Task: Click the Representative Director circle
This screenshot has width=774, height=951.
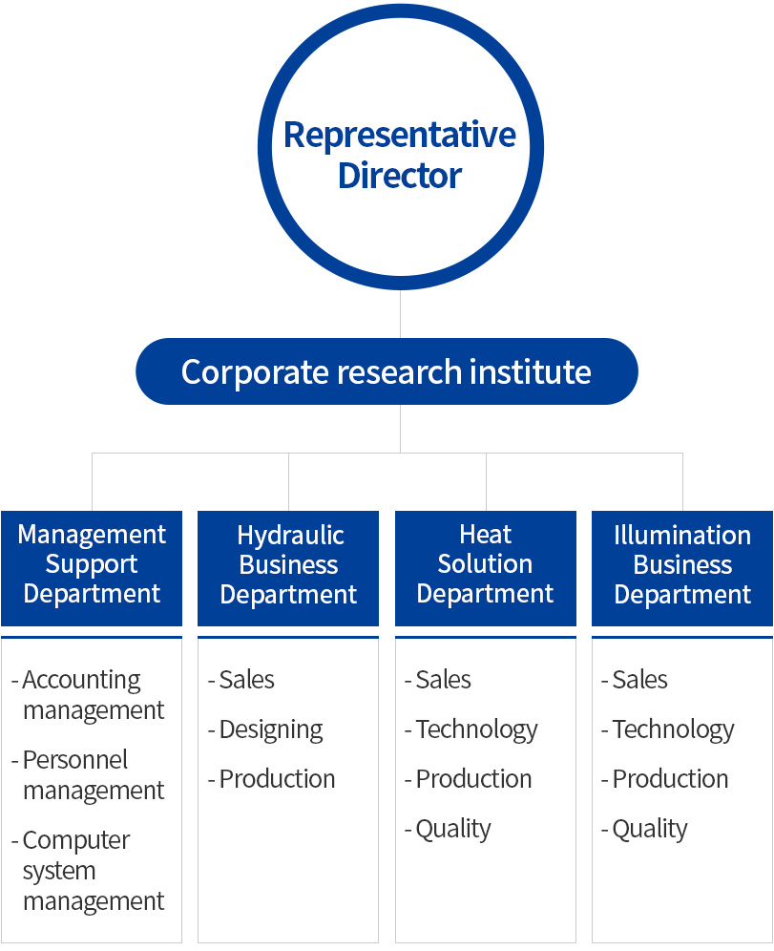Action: point(400,148)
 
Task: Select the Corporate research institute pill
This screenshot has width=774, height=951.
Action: point(387,371)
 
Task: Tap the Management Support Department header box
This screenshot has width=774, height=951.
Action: point(92,565)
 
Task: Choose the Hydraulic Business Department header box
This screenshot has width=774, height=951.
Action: point(288,565)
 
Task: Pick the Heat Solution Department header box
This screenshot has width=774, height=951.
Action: point(485,565)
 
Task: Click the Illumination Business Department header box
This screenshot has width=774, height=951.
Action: point(682,565)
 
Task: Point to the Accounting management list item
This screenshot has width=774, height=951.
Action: point(89,695)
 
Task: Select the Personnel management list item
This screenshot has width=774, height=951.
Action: point(89,775)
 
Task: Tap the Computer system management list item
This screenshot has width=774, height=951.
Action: point(89,871)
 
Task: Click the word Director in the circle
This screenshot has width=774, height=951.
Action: point(400,176)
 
